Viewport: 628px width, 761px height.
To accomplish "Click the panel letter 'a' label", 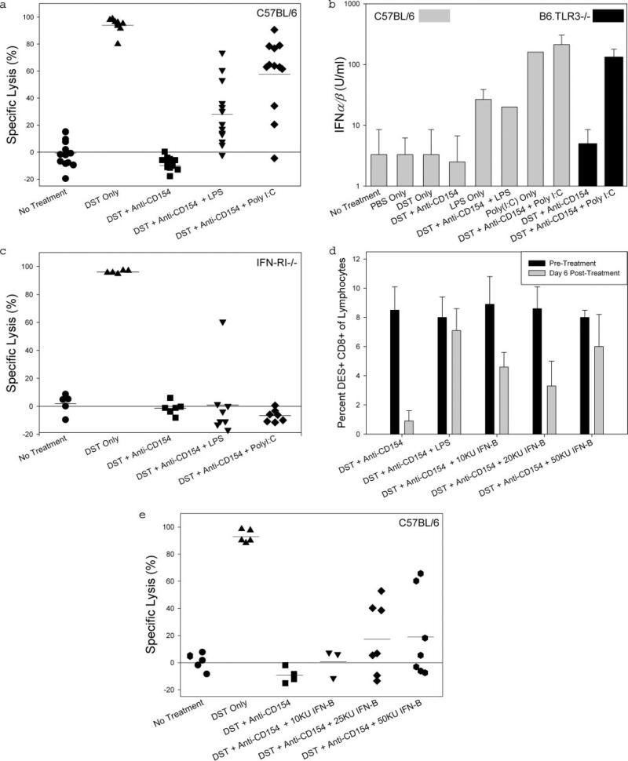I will (x=5, y=5).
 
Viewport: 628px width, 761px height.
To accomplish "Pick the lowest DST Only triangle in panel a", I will (x=118, y=42).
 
